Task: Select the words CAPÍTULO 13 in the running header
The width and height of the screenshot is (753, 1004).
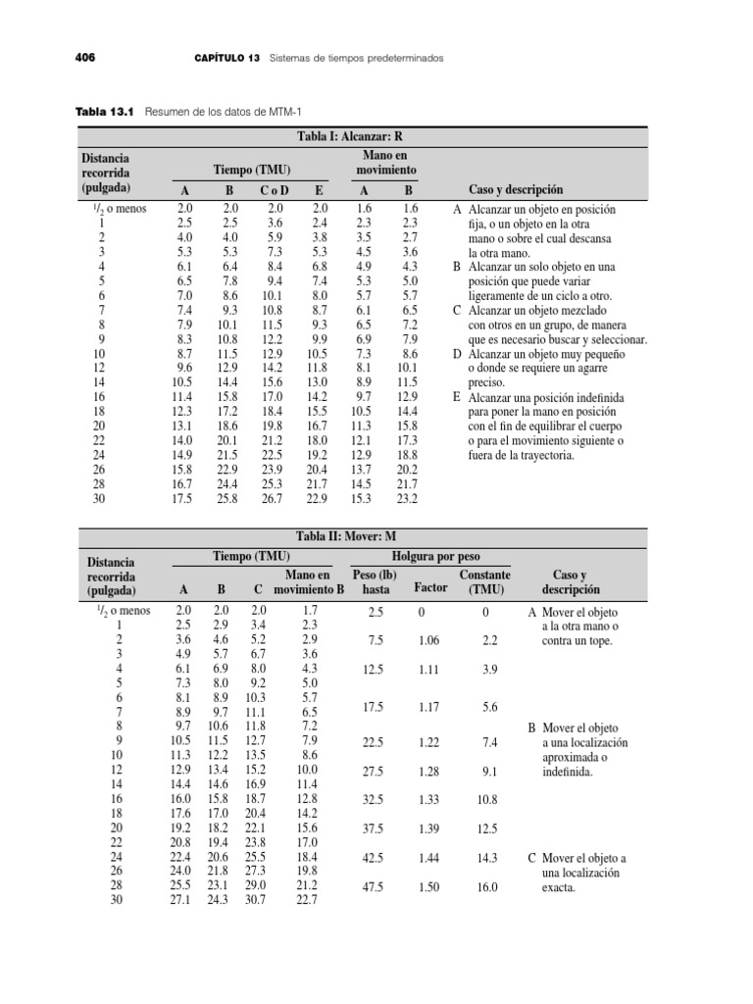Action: click(226, 58)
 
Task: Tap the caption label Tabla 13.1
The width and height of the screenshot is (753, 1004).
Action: click(105, 113)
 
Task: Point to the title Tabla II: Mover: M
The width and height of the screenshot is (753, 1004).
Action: click(362, 537)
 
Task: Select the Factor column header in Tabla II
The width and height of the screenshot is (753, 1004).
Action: click(431, 588)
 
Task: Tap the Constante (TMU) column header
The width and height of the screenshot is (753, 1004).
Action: click(484, 582)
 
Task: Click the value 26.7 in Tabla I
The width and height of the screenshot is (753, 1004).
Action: click(271, 499)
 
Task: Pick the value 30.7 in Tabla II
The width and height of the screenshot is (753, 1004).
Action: click(253, 901)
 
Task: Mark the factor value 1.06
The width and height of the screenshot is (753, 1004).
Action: click(428, 640)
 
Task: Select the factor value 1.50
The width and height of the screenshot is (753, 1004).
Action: click(428, 887)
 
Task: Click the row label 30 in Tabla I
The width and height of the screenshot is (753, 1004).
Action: click(99, 499)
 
